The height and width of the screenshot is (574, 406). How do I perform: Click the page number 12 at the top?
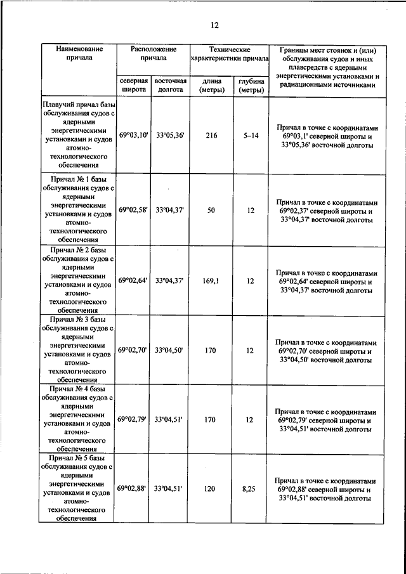pos(214,25)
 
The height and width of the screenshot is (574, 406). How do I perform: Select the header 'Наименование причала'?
pos(79,53)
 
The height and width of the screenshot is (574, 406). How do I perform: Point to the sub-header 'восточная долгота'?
pos(171,86)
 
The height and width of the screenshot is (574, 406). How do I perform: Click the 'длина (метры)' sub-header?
pos(211,86)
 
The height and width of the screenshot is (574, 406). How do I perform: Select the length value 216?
pos(211,136)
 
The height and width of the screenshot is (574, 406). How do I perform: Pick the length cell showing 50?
pos(211,209)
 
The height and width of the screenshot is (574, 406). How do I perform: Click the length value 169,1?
pos(211,280)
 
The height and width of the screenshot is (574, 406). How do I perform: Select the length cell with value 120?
pos(211,488)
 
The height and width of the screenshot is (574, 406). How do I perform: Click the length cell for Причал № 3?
pos(211,349)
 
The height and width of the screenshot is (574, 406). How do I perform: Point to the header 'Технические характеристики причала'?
pos(230,53)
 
